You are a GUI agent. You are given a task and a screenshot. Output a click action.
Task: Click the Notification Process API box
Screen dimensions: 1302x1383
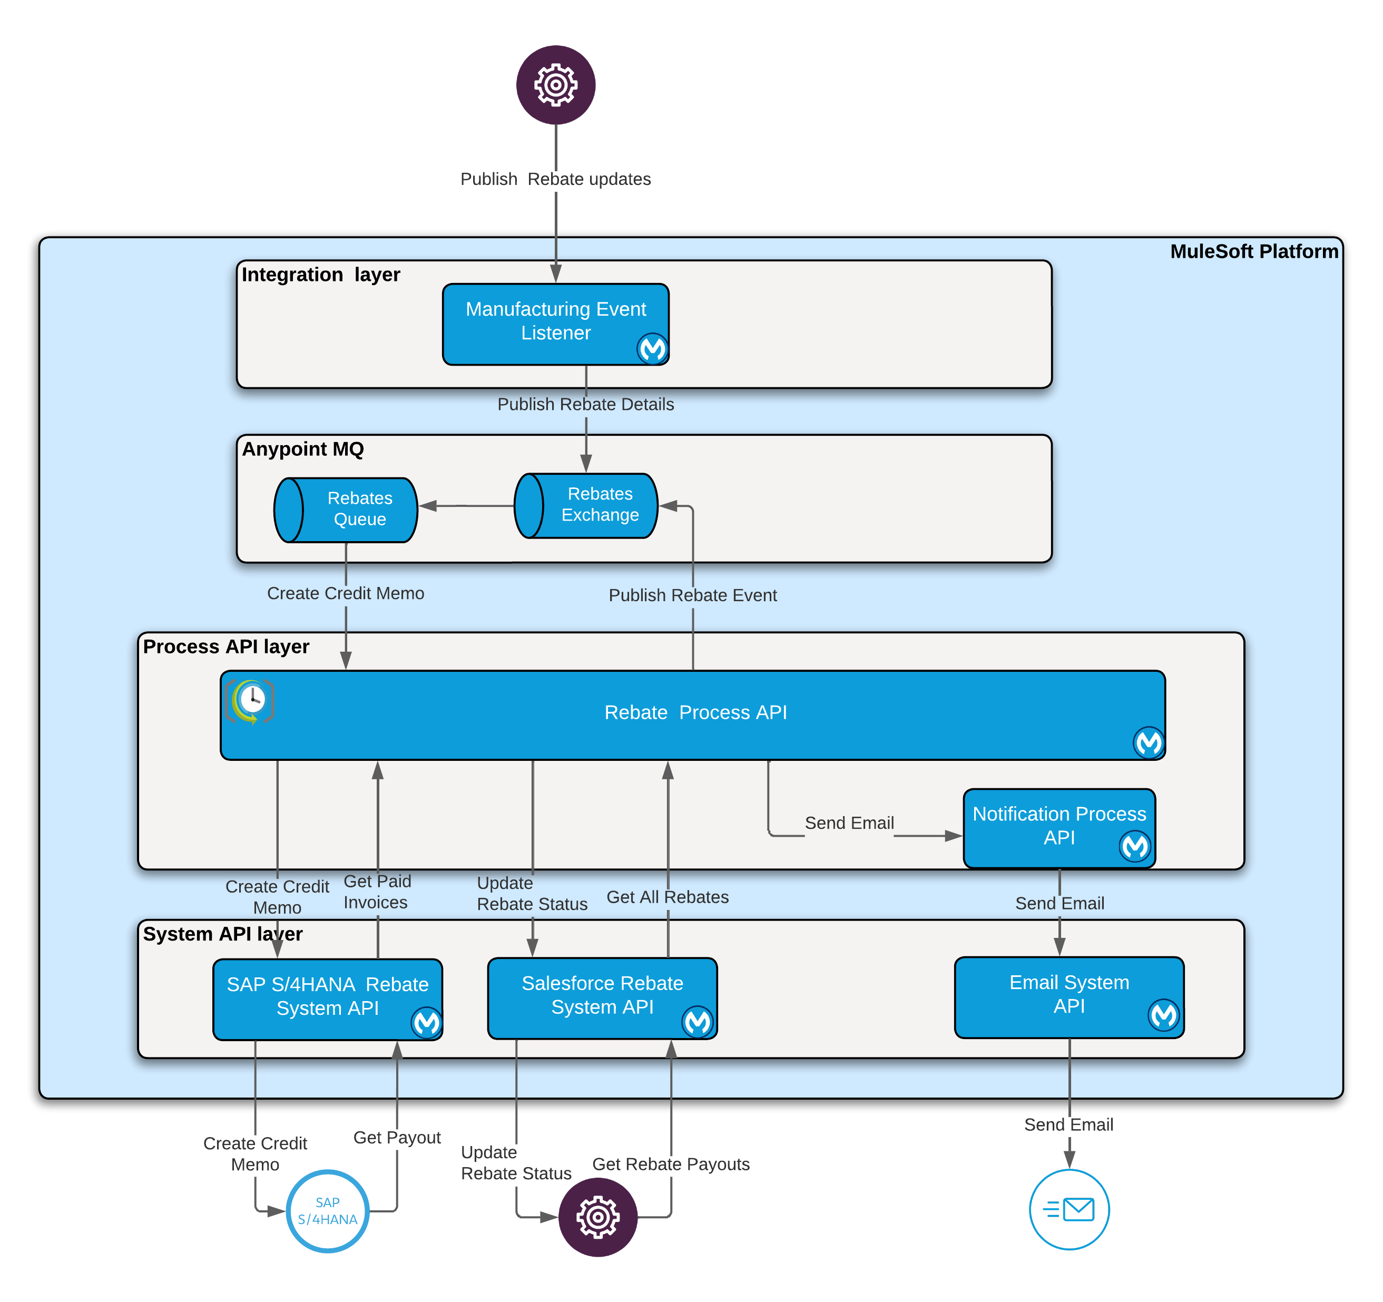pyautogui.click(x=1059, y=827)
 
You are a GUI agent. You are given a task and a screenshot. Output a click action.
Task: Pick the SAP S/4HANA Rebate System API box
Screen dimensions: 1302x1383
pyautogui.click(x=327, y=998)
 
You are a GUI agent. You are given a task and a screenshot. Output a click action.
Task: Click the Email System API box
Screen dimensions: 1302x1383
pyautogui.click(x=1068, y=996)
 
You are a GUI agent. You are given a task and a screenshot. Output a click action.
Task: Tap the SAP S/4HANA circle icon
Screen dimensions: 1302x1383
pyautogui.click(x=327, y=1211)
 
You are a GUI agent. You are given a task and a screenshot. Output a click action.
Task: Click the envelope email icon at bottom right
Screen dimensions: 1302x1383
pyautogui.click(x=1068, y=1209)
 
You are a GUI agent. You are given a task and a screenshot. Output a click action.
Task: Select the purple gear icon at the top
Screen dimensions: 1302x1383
pyautogui.click(x=555, y=85)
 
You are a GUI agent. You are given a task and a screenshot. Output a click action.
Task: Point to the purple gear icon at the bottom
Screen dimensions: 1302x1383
pyautogui.click(x=597, y=1217)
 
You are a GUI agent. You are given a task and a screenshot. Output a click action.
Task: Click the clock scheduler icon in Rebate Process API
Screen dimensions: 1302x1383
pyautogui.click(x=250, y=700)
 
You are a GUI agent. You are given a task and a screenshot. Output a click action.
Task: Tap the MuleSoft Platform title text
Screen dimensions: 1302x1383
pyautogui.click(x=1253, y=251)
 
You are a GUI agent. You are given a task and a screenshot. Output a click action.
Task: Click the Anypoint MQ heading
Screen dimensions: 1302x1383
pyautogui.click(x=302, y=449)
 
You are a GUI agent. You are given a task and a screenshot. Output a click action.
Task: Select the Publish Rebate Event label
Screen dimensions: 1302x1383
pyautogui.click(x=692, y=595)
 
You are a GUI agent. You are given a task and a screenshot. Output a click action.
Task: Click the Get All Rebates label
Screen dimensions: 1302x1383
pyautogui.click(x=667, y=897)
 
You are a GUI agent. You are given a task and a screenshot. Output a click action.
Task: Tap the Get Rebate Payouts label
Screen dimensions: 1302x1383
pyautogui.click(x=671, y=1164)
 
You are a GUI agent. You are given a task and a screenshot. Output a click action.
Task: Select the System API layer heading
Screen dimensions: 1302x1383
pyautogui.click(x=223, y=934)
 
